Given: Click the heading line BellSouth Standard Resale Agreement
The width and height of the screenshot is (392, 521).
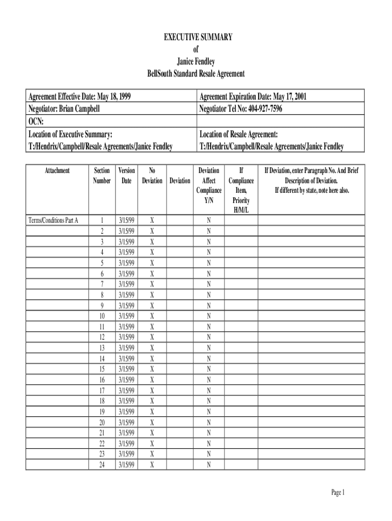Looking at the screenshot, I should pos(196,74).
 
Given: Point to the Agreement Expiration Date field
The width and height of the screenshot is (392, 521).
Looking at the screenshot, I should pos(253,96).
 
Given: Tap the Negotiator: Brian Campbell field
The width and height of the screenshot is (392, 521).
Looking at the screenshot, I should pos(64,108).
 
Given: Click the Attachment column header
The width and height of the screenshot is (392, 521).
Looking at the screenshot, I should pos(57,171).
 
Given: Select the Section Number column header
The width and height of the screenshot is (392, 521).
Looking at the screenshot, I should pos(102,176).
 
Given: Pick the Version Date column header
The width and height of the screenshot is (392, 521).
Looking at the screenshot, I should pos(126,176).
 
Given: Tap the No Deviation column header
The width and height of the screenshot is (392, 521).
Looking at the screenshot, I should pos(152,176).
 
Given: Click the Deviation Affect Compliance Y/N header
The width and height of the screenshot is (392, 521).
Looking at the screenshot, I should pos(209,185).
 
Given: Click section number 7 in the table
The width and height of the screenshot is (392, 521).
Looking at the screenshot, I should pos(102,284).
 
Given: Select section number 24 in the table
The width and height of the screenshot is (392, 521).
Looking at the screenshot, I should pos(102,465).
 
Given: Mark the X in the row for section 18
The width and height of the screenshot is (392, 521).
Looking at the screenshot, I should pos(152,401).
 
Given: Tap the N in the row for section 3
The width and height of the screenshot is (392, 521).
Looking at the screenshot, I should pos(209,242).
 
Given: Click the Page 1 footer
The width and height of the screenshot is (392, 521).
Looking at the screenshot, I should pos(338,493).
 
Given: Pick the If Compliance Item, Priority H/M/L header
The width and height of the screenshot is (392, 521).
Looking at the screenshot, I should pos(241,190).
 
